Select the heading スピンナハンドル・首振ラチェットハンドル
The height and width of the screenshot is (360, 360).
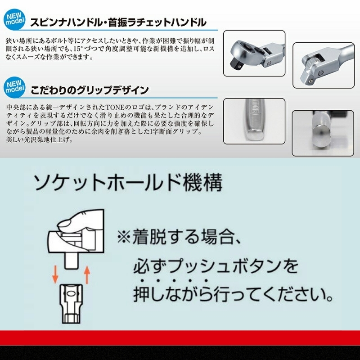(118, 22)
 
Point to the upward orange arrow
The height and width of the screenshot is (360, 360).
(87, 274)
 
